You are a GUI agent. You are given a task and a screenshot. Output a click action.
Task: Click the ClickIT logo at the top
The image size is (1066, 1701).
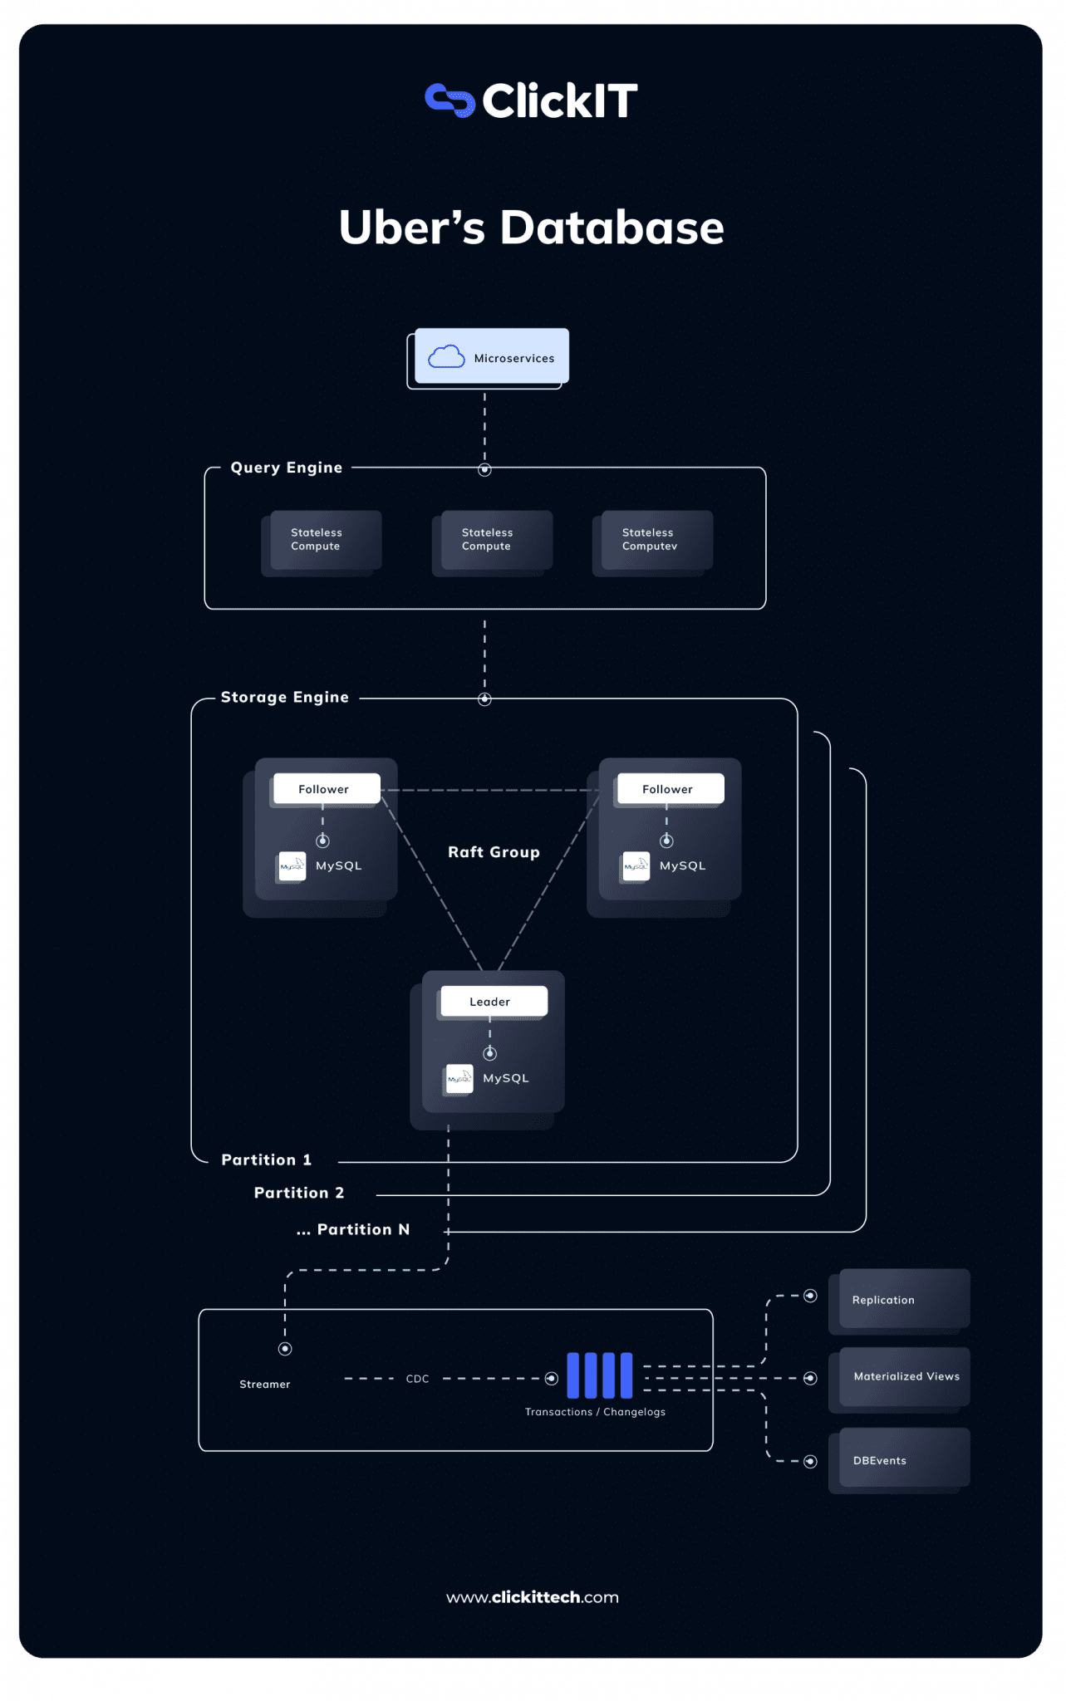point(531,100)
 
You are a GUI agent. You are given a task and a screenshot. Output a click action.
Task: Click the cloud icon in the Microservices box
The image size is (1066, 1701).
point(446,356)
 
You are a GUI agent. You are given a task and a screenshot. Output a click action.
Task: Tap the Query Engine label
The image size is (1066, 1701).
point(286,468)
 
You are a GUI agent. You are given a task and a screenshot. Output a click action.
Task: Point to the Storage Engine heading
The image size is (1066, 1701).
point(284,697)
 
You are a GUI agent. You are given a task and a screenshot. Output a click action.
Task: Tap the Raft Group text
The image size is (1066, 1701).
point(494,852)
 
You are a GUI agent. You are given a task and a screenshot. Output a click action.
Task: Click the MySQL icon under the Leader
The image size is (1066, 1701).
point(459,1078)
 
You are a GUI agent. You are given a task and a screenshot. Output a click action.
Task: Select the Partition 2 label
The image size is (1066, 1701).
point(298,1193)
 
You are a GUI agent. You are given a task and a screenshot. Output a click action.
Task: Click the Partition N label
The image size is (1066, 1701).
point(353,1229)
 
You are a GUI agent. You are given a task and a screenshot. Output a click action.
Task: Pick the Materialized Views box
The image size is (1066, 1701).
point(904,1376)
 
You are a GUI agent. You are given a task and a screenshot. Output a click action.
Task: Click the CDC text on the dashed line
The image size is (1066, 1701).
point(417,1379)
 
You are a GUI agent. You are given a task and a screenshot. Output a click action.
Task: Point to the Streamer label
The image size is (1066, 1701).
point(264,1384)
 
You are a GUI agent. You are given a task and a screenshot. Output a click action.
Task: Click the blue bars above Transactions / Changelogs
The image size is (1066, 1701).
point(599,1375)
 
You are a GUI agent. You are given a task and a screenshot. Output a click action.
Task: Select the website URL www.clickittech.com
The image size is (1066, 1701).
point(532,1597)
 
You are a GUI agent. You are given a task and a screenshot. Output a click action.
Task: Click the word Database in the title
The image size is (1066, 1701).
point(612,228)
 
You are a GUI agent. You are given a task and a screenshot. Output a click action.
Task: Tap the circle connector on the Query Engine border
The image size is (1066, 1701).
point(484,470)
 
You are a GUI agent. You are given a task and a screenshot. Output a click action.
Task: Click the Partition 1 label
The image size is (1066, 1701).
point(266,1159)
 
